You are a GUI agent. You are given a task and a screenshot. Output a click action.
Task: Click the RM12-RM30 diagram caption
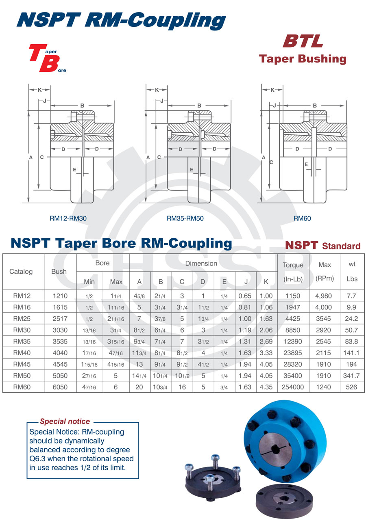pyautogui.click(x=68, y=218)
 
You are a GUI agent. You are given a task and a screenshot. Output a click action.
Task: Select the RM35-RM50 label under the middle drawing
pyautogui.click(x=185, y=218)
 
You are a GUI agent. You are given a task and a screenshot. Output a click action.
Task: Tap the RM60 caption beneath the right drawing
pyautogui.click(x=302, y=218)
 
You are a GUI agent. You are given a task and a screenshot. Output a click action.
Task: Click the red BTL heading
pyautogui.click(x=303, y=41)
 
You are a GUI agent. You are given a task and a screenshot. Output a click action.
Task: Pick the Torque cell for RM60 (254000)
pyautogui.click(x=293, y=387)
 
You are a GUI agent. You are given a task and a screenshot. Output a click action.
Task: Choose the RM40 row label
pyautogui.click(x=22, y=353)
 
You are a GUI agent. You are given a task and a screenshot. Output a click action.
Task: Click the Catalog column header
pyautogui.click(x=21, y=271)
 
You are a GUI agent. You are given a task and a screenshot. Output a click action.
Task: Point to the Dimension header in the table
pyautogui.click(x=201, y=263)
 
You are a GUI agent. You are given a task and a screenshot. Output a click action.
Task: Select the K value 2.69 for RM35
pyautogui.click(x=266, y=341)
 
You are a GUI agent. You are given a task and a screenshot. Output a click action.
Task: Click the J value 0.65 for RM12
pyautogui.click(x=245, y=296)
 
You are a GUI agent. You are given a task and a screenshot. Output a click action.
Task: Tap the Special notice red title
pyautogui.click(x=65, y=421)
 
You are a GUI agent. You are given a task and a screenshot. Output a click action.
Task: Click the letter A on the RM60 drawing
pyautogui.click(x=264, y=157)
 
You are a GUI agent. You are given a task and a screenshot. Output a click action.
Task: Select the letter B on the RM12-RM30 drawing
pyautogui.click(x=82, y=106)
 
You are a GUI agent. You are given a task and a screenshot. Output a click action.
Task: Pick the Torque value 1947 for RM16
pyautogui.click(x=293, y=307)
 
